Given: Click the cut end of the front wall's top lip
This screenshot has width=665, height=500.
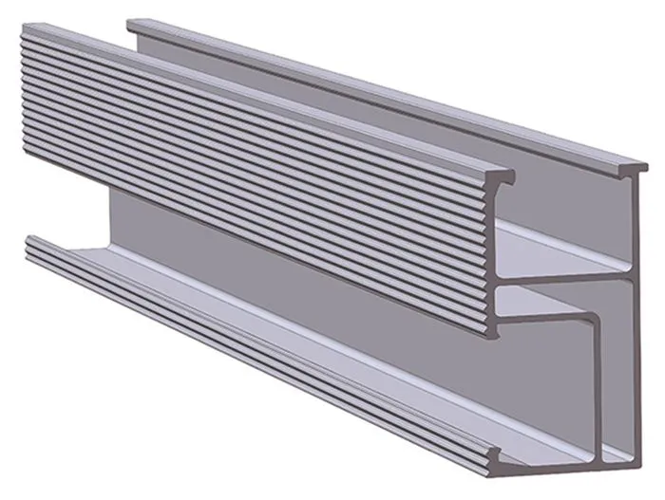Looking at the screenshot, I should coord(503,178).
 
